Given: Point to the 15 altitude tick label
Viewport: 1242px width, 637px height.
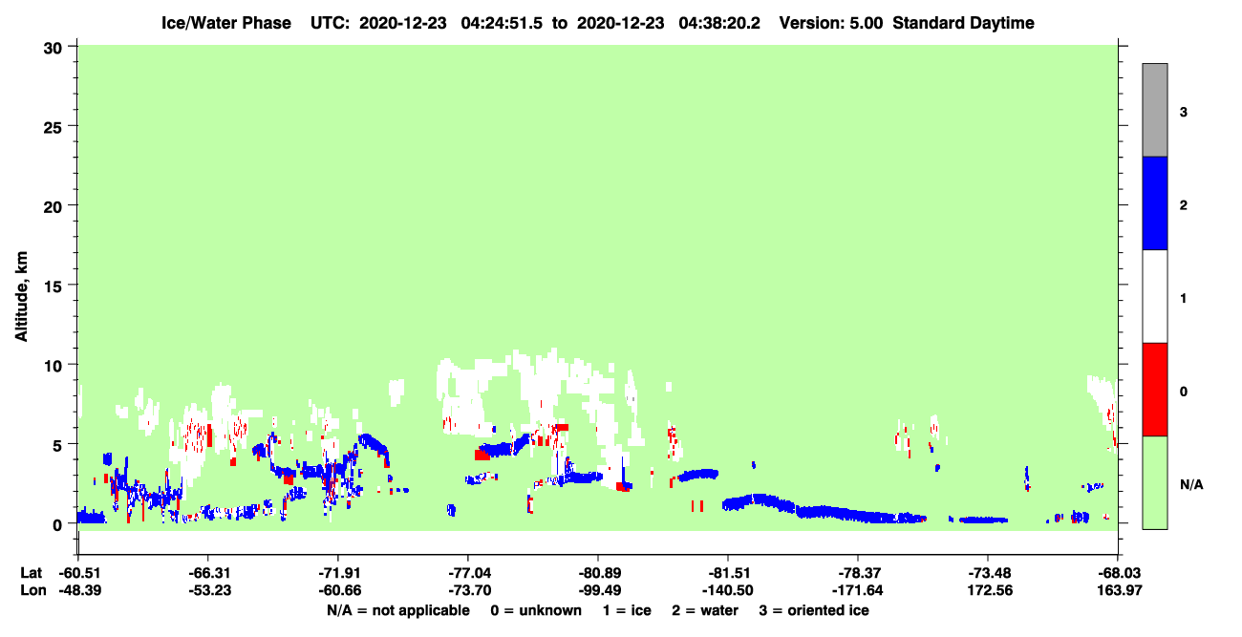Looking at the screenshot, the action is pyautogui.click(x=53, y=287).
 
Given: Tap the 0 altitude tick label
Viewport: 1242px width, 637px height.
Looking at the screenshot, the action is pyautogui.click(x=57, y=525).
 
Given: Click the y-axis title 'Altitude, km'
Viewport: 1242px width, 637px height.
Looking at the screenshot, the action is pyautogui.click(x=21, y=297).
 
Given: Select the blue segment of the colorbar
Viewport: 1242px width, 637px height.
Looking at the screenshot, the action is pyautogui.click(x=1155, y=202).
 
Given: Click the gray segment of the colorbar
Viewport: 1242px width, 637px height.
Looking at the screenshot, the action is pyautogui.click(x=1155, y=110).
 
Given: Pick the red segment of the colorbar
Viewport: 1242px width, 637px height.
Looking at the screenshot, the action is pyautogui.click(x=1155, y=390).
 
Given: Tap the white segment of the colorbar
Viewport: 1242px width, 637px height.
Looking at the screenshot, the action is pyautogui.click(x=1155, y=297).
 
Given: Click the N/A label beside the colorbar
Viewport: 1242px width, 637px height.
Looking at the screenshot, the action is pyautogui.click(x=1191, y=485).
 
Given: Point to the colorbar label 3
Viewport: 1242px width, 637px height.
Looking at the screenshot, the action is pyautogui.click(x=1184, y=113).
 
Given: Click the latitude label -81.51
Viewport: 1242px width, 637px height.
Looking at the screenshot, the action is pyautogui.click(x=729, y=573).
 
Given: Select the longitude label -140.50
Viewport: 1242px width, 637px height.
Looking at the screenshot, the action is pyautogui.click(x=728, y=590).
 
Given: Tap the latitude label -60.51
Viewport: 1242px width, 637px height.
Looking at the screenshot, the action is pyautogui.click(x=80, y=573).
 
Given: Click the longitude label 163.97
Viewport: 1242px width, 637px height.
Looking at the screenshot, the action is pyautogui.click(x=1120, y=590).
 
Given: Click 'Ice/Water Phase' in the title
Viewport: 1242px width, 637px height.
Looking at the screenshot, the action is pyautogui.click(x=226, y=23).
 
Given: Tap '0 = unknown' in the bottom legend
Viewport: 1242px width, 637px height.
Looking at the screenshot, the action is pyautogui.click(x=536, y=610).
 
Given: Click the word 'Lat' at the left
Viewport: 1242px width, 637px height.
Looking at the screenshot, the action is pyautogui.click(x=31, y=573).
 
